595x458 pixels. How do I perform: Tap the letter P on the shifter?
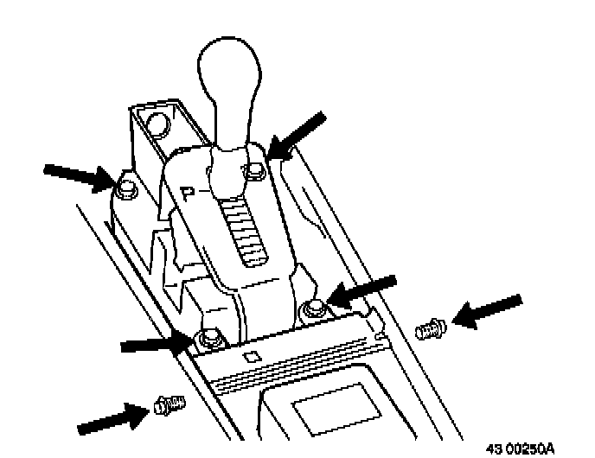[x=190, y=191]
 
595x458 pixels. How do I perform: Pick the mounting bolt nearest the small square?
[x=208, y=335]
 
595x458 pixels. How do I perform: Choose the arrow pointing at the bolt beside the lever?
[x=297, y=133]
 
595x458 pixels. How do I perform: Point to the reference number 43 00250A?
[x=529, y=448]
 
